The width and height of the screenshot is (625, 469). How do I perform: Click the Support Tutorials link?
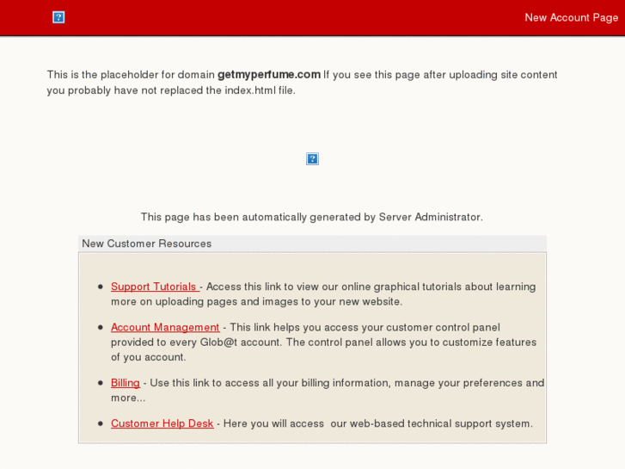tap(154, 287)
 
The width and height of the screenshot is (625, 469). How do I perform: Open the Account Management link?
tap(165, 327)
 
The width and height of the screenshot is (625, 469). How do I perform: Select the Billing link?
tap(125, 382)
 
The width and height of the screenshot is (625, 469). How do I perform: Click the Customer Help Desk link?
tap(162, 423)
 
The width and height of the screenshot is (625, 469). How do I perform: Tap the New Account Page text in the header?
tap(571, 17)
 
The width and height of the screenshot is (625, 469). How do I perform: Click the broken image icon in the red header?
tap(58, 17)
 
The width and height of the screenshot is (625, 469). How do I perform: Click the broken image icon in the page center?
tap(312, 159)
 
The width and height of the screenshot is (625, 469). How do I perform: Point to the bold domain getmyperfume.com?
tap(268, 75)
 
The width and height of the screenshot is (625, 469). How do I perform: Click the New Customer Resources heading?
tap(146, 244)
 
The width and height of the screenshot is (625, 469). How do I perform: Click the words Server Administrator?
tap(430, 217)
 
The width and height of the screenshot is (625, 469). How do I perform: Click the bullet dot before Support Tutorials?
tap(101, 287)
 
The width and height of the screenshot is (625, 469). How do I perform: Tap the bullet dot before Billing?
tap(101, 383)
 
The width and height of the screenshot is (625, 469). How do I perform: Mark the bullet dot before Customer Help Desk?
tap(101, 424)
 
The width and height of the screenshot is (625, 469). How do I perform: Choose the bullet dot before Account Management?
tap(101, 328)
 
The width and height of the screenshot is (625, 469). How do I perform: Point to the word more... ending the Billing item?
tap(128, 398)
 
